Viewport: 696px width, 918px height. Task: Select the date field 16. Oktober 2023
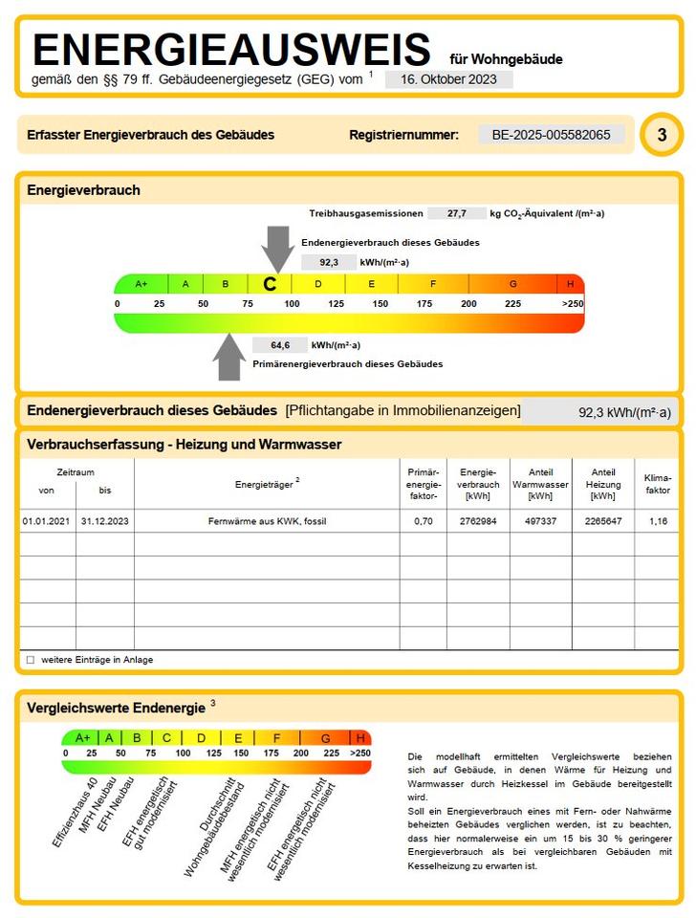point(448,79)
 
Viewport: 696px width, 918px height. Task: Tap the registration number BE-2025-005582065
point(551,135)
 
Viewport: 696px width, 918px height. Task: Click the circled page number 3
point(662,135)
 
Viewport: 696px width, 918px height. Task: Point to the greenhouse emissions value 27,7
point(456,213)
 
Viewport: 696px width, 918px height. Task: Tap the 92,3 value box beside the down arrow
point(328,262)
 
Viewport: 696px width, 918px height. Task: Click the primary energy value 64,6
point(279,345)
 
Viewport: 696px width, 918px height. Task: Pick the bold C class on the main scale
point(270,284)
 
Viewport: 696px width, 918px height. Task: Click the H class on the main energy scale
point(570,284)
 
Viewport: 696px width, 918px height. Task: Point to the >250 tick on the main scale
point(572,303)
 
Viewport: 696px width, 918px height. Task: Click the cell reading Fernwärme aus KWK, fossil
point(267,521)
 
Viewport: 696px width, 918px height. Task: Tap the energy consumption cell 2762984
point(478,521)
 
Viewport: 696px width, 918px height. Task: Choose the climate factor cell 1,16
point(658,521)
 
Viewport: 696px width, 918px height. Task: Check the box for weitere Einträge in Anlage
point(31,660)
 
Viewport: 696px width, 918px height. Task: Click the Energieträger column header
point(267,484)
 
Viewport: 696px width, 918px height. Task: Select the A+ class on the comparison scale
point(82,737)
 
